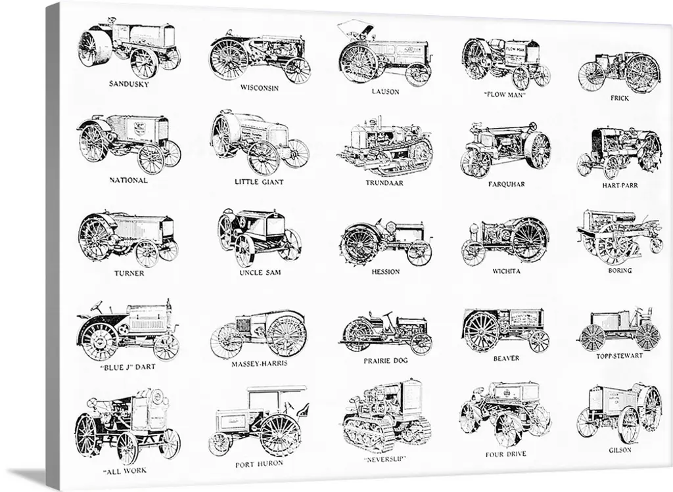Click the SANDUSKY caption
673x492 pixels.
pos(129,83)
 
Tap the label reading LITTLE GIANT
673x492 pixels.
pos(259,181)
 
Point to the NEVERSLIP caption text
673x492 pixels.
pos(385,459)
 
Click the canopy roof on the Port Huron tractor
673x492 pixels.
pos(278,390)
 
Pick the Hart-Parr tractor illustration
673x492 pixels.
pos(618,152)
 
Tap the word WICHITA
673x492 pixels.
pos(506,271)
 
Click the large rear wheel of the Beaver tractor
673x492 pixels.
pos(482,331)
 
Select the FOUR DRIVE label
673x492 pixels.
pos(505,454)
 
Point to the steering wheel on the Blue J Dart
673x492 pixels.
pos(96,307)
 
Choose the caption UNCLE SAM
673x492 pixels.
pos(260,272)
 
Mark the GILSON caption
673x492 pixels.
pos(620,450)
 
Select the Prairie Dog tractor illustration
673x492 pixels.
pos(385,332)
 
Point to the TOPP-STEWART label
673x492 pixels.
pos(619,355)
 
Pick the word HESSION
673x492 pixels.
pos(385,271)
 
